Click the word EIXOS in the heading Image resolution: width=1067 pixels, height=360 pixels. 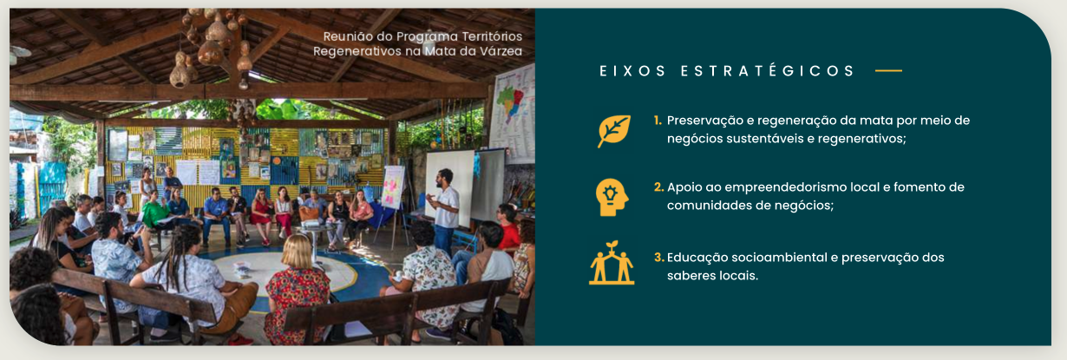[x=632, y=71]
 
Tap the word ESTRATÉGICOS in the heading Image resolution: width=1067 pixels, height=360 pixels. [x=768, y=71]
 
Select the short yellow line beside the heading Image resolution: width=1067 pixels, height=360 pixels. [x=888, y=71]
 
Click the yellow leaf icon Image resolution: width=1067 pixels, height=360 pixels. [x=614, y=130]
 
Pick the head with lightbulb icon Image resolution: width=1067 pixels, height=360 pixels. [x=612, y=197]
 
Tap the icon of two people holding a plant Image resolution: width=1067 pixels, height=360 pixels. [x=612, y=263]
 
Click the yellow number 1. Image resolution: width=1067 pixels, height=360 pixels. [x=658, y=121]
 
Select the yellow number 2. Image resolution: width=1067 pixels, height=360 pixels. [x=658, y=187]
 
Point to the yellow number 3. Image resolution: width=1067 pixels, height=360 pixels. [x=658, y=258]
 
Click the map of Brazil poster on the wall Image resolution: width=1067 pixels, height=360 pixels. [x=513, y=112]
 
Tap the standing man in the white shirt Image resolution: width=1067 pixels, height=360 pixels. [x=444, y=213]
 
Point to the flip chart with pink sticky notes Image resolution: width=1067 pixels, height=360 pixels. [x=393, y=187]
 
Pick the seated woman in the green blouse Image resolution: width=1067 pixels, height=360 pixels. [x=154, y=212]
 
